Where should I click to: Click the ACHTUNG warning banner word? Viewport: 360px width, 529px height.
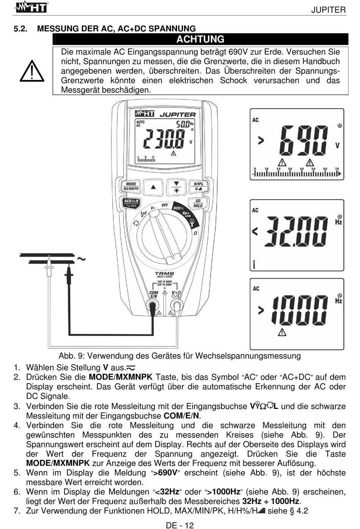[x=200, y=39]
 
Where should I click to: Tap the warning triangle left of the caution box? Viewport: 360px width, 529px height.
[x=32, y=71]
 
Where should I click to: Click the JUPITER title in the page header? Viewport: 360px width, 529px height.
[x=328, y=10]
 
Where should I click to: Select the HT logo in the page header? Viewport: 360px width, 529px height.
[x=31, y=7]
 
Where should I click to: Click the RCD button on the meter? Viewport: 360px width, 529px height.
[x=131, y=203]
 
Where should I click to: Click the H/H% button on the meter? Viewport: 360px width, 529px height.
[x=198, y=186]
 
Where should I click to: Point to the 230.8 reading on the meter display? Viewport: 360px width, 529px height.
[x=164, y=139]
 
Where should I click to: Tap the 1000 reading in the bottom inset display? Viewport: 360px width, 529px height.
[x=299, y=310]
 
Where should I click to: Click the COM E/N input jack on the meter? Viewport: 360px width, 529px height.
[x=153, y=305]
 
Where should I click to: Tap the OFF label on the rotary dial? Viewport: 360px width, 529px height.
[x=165, y=205]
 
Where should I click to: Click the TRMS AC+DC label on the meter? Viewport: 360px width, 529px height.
[x=164, y=275]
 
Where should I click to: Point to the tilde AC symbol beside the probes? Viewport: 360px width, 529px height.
[x=81, y=259]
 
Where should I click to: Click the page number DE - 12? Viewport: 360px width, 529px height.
[x=180, y=525]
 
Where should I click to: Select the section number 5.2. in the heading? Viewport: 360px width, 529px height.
[x=20, y=29]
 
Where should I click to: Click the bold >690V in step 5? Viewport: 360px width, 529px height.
[x=165, y=473]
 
